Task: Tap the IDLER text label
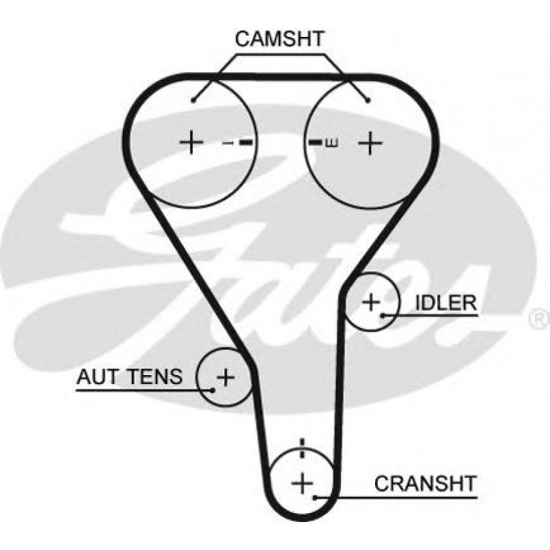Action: point(445,303)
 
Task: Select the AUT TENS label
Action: point(130,376)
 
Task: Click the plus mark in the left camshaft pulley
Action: point(191,142)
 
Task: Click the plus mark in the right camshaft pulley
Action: point(369,143)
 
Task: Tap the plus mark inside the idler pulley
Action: point(370,301)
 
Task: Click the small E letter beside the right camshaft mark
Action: point(331,143)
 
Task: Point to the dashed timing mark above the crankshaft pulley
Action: point(301,452)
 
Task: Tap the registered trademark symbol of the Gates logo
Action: point(538,318)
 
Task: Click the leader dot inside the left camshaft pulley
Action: point(195,100)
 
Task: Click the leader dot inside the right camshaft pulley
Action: point(368,100)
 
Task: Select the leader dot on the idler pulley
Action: point(383,315)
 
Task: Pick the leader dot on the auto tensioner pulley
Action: point(213,390)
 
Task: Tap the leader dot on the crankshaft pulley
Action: point(315,497)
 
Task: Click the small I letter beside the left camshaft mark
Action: point(229,143)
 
